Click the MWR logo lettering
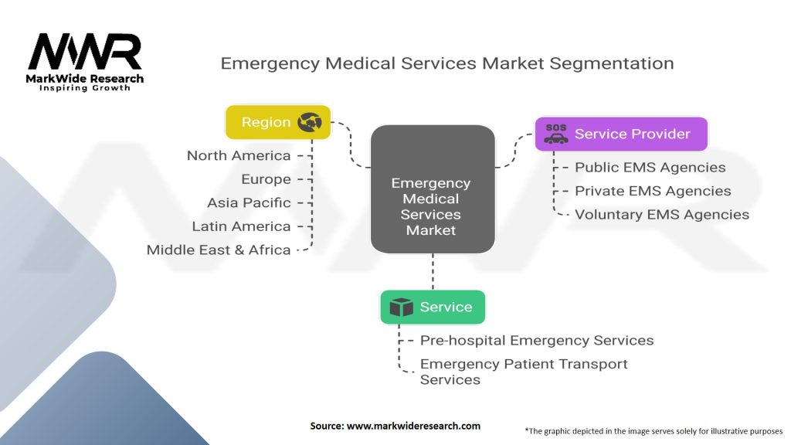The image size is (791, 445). click(x=85, y=52)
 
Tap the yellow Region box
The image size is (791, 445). click(x=278, y=122)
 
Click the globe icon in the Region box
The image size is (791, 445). click(x=309, y=122)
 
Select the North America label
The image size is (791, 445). click(x=239, y=155)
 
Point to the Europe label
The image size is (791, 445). click(x=266, y=179)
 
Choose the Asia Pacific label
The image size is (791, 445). click(x=249, y=203)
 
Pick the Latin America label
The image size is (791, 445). click(x=241, y=226)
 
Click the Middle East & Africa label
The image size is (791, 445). click(x=219, y=250)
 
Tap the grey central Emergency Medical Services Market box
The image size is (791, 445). click(x=433, y=189)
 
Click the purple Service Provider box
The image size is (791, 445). click(x=621, y=134)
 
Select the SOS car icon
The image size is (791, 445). click(x=556, y=134)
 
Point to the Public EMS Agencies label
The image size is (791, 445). click(x=650, y=167)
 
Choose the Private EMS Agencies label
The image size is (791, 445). click(x=653, y=191)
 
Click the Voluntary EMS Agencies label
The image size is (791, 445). click(x=662, y=215)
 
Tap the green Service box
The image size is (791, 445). click(x=433, y=307)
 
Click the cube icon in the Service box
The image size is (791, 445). click(x=402, y=307)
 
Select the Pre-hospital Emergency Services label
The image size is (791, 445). click(x=537, y=341)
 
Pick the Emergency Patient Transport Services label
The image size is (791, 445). click(x=524, y=372)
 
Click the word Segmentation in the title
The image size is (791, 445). click(x=612, y=63)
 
